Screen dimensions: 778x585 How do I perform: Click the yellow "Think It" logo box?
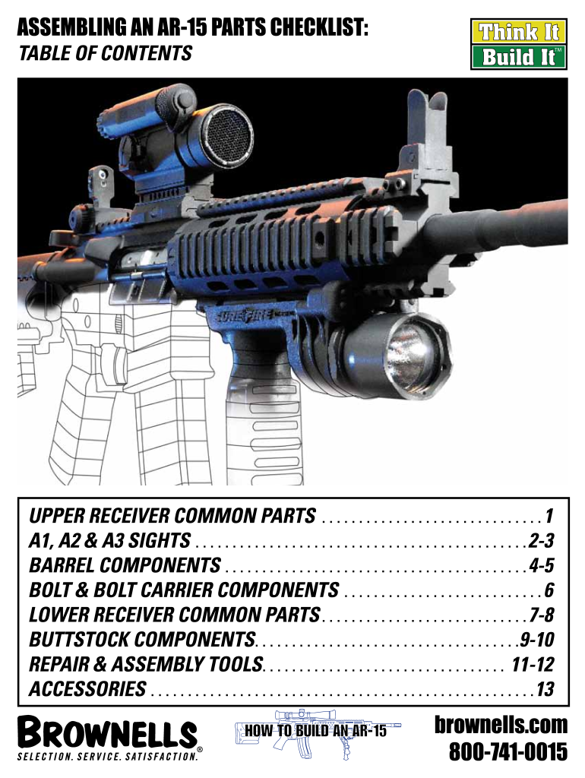click(517, 33)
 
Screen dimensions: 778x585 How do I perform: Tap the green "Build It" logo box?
click(517, 57)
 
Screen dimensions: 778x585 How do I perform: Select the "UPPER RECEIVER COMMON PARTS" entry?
click(172, 517)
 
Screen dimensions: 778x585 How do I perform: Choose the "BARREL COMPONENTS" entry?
click(125, 565)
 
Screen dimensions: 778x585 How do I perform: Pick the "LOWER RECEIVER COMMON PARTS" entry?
click(175, 614)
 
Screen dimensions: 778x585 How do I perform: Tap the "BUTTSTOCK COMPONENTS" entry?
click(142, 639)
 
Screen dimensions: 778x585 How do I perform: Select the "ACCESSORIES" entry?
click(87, 689)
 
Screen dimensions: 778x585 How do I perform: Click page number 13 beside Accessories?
click(545, 690)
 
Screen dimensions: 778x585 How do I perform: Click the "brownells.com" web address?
click(501, 724)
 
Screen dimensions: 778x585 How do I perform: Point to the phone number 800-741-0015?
click(508, 752)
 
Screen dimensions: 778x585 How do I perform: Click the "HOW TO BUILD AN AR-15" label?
click(315, 732)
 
